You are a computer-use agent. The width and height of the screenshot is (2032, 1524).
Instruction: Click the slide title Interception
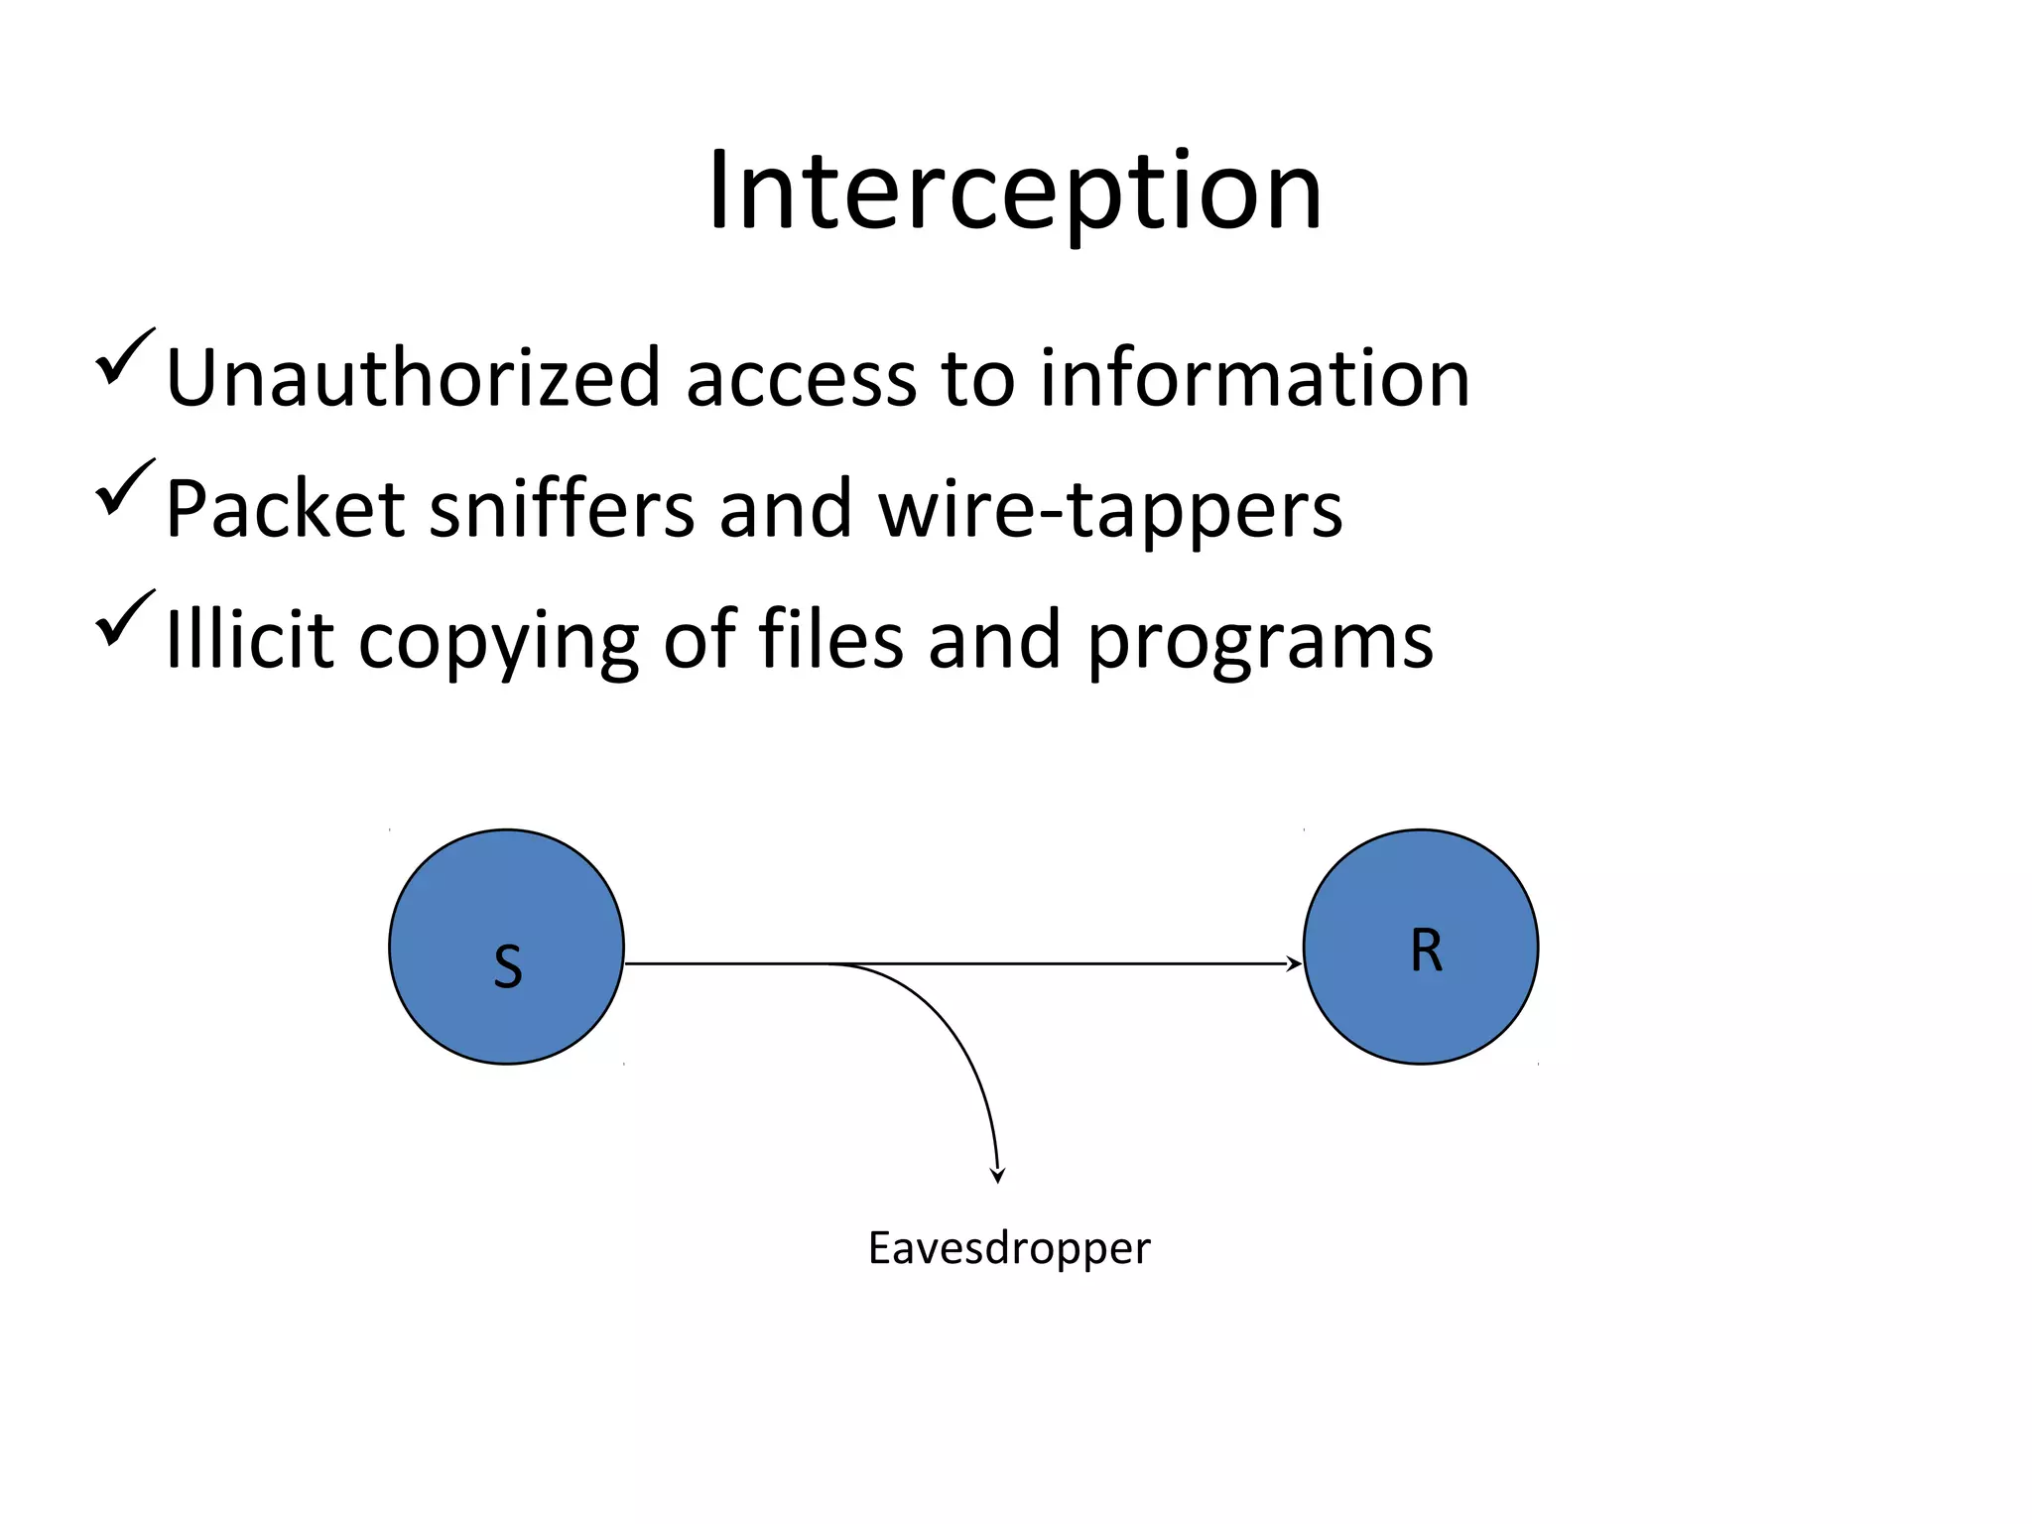pyautogui.click(x=1014, y=190)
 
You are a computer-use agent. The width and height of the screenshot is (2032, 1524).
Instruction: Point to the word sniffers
pyautogui.click(x=561, y=508)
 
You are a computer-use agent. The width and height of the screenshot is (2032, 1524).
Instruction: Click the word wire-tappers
pyautogui.click(x=1110, y=510)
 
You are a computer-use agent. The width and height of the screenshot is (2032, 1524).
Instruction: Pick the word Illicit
pyautogui.click(x=249, y=639)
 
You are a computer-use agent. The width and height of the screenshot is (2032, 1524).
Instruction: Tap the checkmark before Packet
pyautogui.click(x=125, y=488)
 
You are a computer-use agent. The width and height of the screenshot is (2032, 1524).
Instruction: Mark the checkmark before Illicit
pyautogui.click(x=125, y=619)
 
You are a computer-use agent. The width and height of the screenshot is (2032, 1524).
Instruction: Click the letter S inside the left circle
pyautogui.click(x=507, y=966)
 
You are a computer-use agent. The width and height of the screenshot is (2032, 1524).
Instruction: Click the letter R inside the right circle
pyautogui.click(x=1426, y=951)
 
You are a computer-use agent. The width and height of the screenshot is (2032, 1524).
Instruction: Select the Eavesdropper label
pyautogui.click(x=1009, y=1248)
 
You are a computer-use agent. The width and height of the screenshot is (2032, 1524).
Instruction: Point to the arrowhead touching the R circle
pyautogui.click(x=1294, y=963)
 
